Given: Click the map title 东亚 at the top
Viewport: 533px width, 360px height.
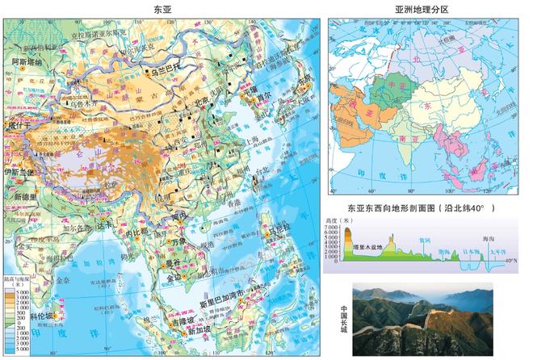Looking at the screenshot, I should [162, 8].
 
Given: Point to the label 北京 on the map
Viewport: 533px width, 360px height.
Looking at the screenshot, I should [208, 103].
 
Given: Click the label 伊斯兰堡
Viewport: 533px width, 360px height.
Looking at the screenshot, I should [19, 172].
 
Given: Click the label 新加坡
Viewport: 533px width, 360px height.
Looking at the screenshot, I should [199, 332].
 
